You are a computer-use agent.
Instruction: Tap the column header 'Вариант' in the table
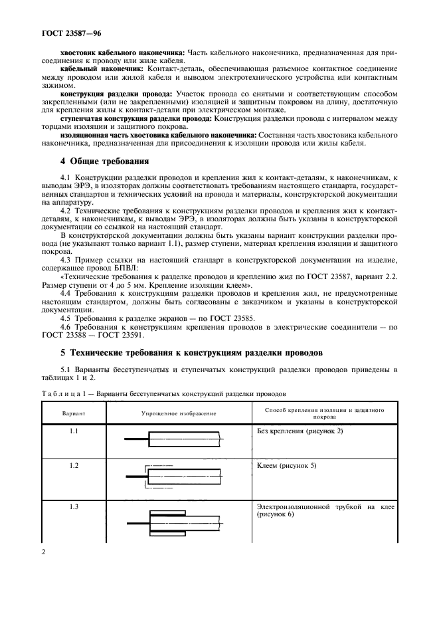(x=74, y=413)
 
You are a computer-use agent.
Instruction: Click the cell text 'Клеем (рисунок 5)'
(x=286, y=466)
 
